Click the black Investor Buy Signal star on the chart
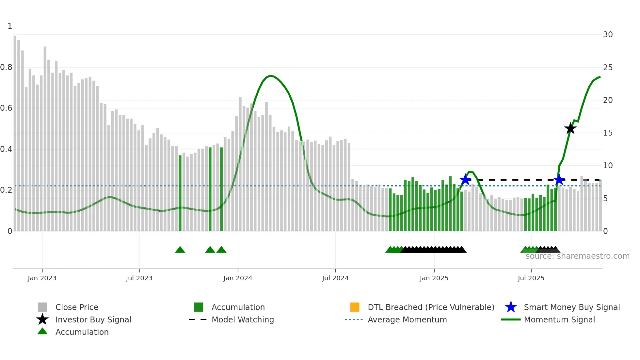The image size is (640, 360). (570, 128)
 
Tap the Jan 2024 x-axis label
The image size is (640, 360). (238, 278)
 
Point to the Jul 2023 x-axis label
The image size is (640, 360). (139, 278)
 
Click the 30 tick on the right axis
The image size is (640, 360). (608, 35)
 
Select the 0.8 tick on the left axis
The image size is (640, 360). (7, 67)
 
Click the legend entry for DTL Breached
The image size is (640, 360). (431, 307)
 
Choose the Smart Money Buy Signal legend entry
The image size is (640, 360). (571, 307)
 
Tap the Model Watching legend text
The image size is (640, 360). (243, 319)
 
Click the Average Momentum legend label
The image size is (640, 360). (407, 319)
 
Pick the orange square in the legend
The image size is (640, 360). (355, 307)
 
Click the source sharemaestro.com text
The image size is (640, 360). (577, 256)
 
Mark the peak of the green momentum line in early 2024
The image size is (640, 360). (270, 76)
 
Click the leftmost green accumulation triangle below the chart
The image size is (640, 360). (180, 250)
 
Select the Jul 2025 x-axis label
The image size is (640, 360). (531, 278)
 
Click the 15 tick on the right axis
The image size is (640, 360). (608, 133)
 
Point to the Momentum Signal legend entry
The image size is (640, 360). (559, 319)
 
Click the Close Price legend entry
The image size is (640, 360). (76, 307)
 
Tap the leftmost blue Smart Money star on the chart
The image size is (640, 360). (465, 179)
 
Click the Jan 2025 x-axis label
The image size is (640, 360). (434, 278)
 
